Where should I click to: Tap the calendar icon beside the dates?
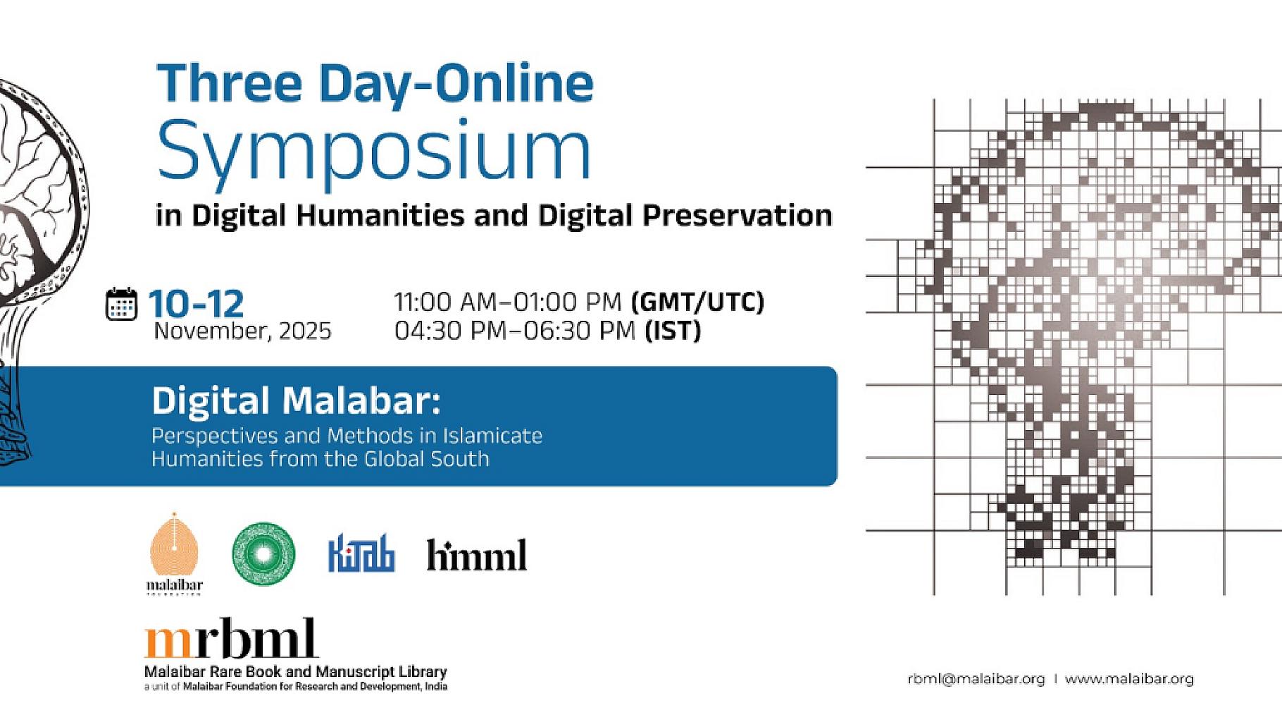pyautogui.click(x=121, y=305)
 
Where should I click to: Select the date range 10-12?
pyautogui.click(x=196, y=304)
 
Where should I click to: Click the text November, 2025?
pyautogui.click(x=242, y=331)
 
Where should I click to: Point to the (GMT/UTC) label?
pyautogui.click(x=697, y=302)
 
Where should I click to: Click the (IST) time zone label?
pyautogui.click(x=673, y=331)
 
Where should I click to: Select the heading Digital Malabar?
pyautogui.click(x=296, y=401)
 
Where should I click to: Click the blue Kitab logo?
pyautogui.click(x=361, y=556)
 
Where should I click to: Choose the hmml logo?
pyautogui.click(x=476, y=556)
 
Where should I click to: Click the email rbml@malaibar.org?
pyautogui.click(x=976, y=679)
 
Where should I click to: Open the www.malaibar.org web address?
pyautogui.click(x=1129, y=679)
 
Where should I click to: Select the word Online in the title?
pyautogui.click(x=514, y=82)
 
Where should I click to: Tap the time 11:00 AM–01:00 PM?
pyautogui.click(x=507, y=302)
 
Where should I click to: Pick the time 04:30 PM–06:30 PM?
pyautogui.click(x=515, y=331)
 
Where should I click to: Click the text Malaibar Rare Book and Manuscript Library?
pyautogui.click(x=295, y=671)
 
